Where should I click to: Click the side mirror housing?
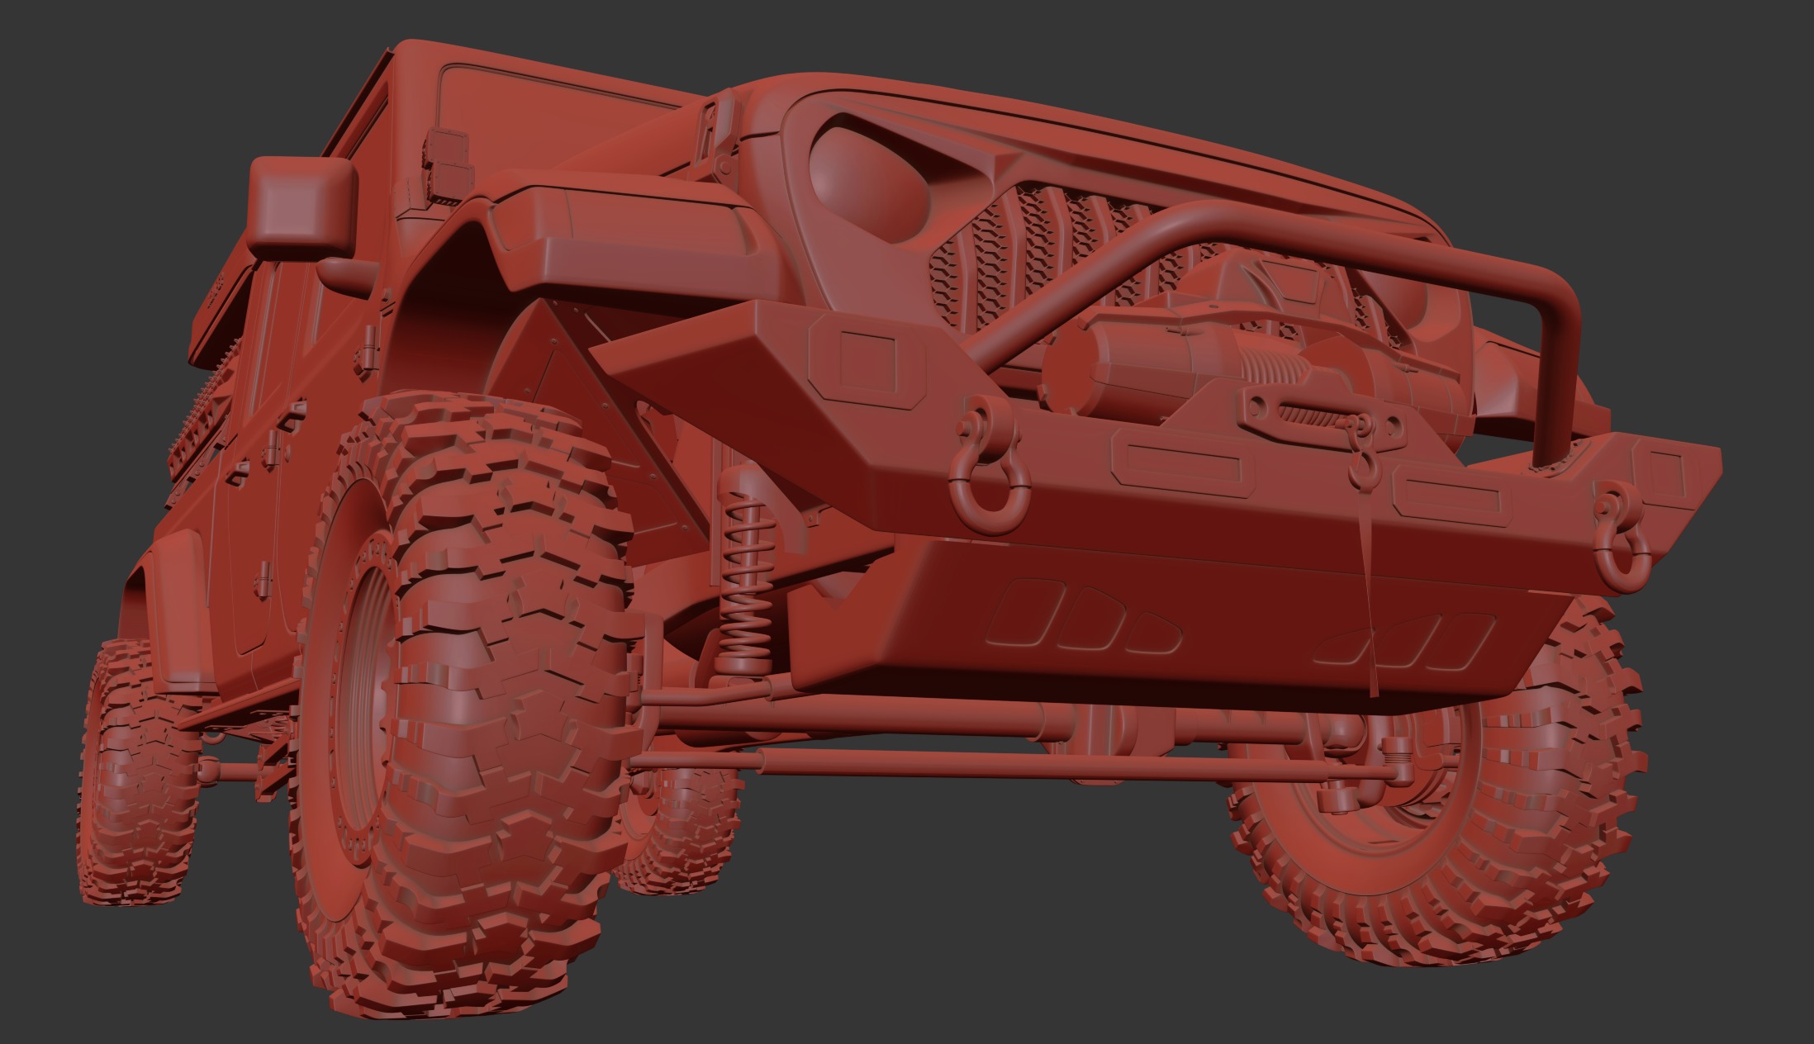(x=301, y=203)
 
